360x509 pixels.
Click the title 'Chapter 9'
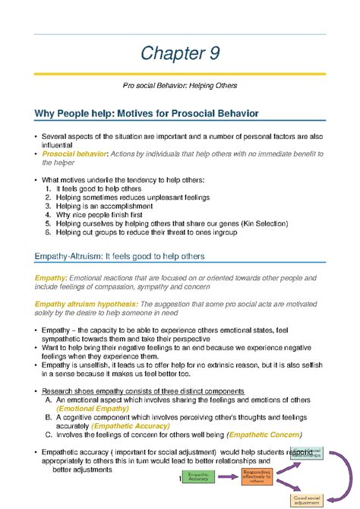point(180,55)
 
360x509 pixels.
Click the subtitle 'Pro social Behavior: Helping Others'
point(180,88)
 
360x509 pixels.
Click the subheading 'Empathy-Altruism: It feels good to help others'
point(131,255)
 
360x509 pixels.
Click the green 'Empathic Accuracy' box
point(198,476)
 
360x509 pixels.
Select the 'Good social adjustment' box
point(329,501)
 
